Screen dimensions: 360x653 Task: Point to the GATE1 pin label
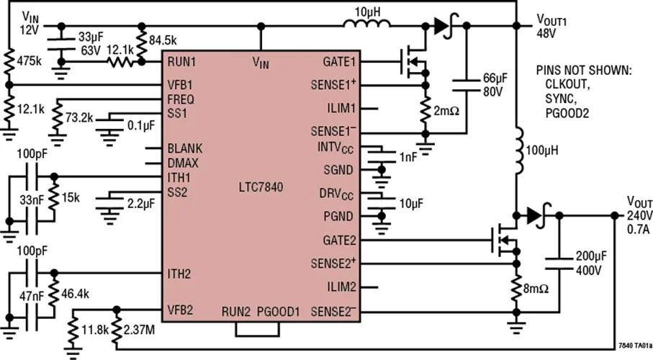338,63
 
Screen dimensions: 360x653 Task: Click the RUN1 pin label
181,63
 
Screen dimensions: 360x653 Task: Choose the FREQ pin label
180,99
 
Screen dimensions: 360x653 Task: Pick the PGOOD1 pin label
278,312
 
